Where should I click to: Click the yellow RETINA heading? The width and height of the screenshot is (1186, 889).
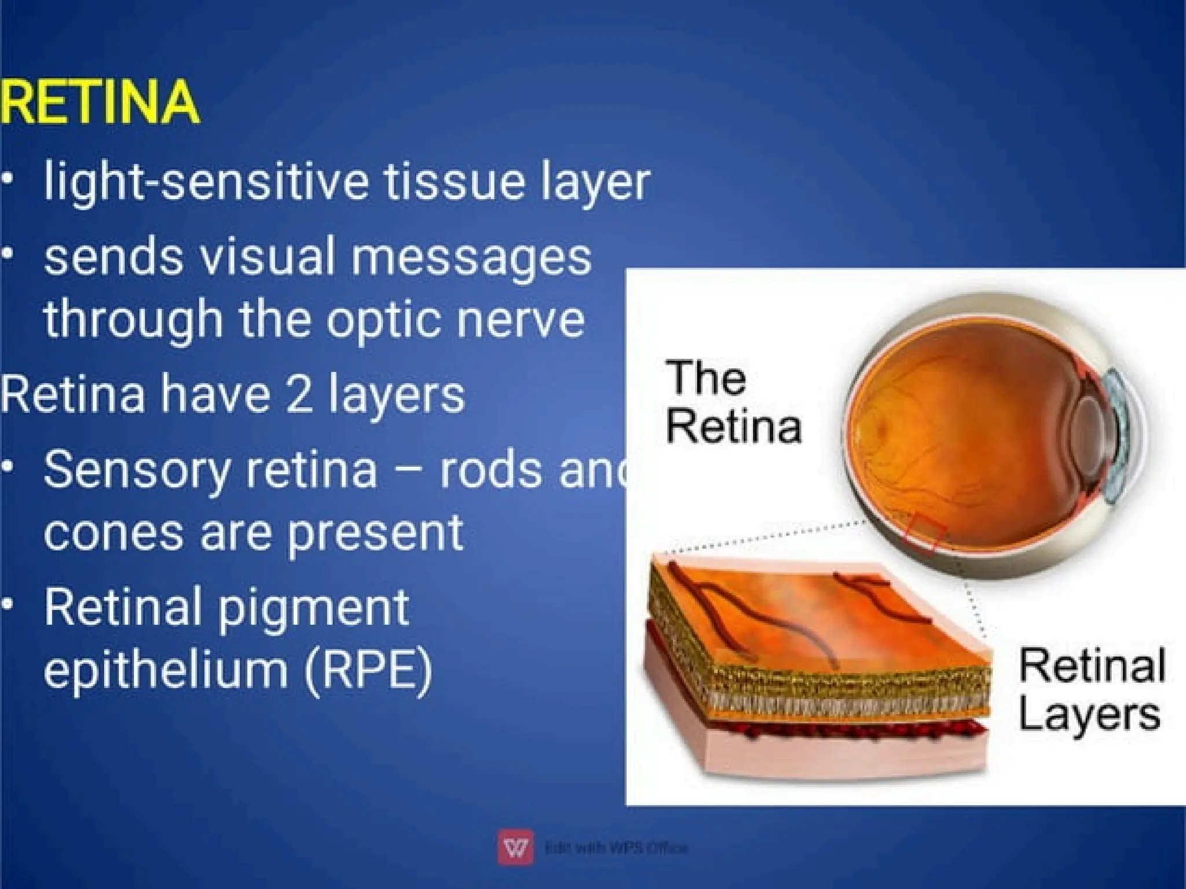[x=100, y=103]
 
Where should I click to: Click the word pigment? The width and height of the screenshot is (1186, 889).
[x=313, y=609]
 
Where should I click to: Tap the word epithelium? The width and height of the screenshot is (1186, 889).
[x=165, y=668]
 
